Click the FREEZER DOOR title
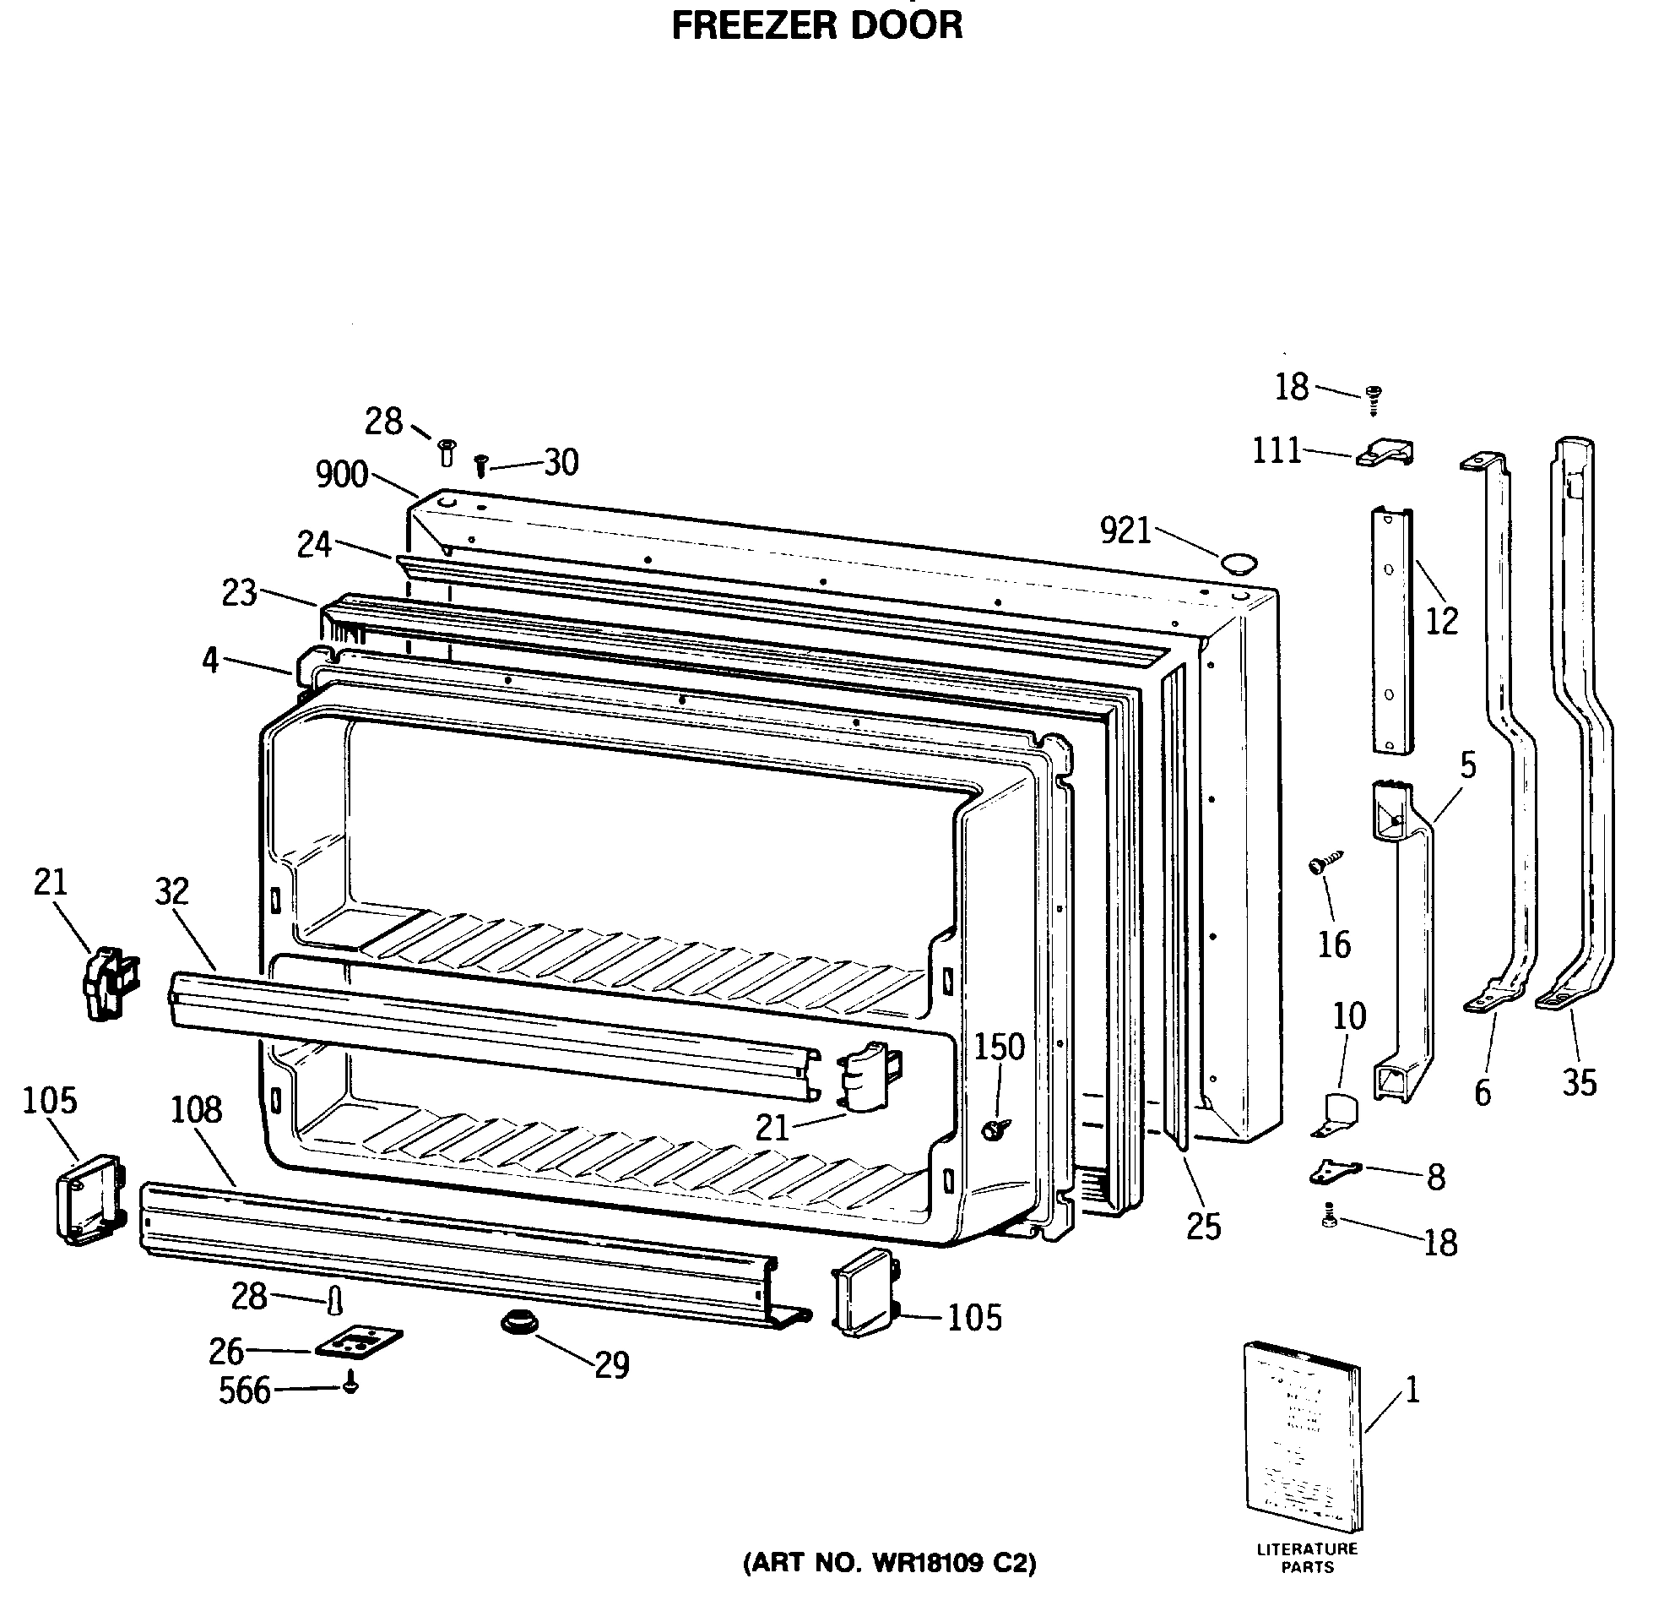tap(816, 25)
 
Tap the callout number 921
tap(1125, 531)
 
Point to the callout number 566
tap(245, 1391)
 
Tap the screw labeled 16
tap(1325, 862)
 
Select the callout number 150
tap(999, 1047)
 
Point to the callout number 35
tap(1580, 1082)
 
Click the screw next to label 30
tap(480, 465)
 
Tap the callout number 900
tap(342, 474)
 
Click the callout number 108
tap(197, 1110)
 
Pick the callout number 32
tap(171, 891)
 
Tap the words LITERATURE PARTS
tap(1307, 1558)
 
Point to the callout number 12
tap(1442, 622)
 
